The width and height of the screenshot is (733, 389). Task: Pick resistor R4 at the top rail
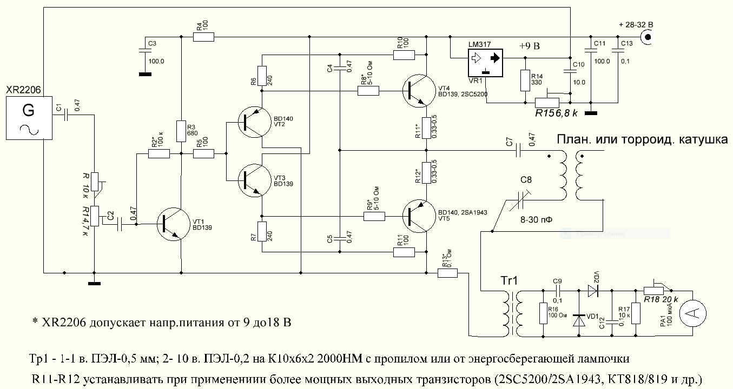point(204,37)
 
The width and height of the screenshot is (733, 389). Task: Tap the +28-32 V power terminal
point(647,37)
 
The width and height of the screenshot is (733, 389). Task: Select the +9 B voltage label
point(530,46)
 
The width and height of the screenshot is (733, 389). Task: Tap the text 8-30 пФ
point(535,220)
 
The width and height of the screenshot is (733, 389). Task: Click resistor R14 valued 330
point(524,81)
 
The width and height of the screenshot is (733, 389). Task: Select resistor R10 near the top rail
point(404,54)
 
